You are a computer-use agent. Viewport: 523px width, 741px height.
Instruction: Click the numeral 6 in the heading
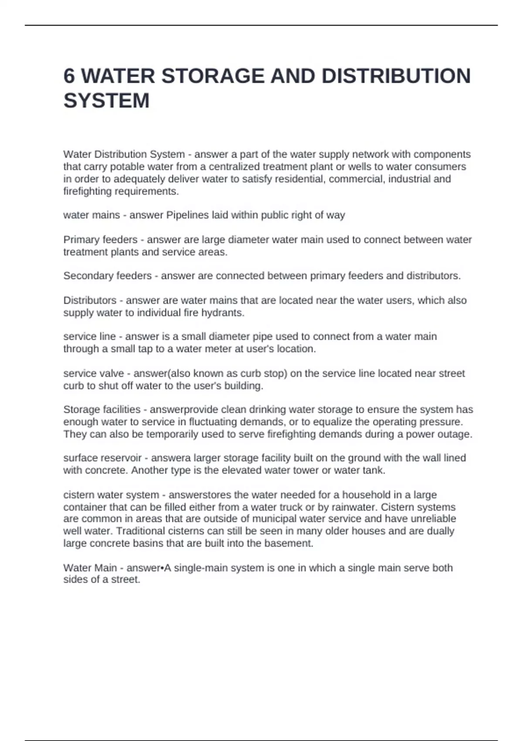[69, 76]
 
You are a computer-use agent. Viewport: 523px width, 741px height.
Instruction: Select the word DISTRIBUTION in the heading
[396, 76]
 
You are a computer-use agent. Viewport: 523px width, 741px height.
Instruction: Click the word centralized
[235, 167]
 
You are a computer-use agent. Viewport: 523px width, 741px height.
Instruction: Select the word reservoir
[121, 458]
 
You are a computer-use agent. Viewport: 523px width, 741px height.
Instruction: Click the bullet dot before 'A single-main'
[162, 568]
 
